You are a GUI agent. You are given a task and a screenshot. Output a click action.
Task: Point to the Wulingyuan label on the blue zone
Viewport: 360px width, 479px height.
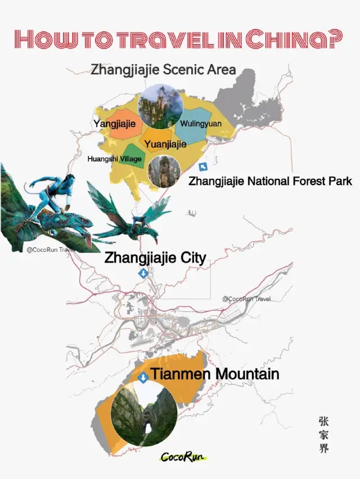200,123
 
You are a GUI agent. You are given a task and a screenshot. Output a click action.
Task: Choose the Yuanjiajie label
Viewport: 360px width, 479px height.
165,144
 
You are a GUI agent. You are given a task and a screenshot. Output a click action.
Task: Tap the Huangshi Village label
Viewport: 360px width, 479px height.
114,159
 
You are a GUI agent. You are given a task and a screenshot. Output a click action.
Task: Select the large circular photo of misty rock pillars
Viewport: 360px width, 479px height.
160,106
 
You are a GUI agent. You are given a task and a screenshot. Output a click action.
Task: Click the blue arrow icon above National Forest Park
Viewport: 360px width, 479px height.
203,167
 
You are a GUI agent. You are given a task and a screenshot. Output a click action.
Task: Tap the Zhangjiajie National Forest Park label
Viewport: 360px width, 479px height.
270,181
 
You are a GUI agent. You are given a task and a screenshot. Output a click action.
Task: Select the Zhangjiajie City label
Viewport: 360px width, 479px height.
155,258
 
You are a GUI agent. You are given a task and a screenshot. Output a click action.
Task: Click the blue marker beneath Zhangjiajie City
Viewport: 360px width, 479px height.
143,274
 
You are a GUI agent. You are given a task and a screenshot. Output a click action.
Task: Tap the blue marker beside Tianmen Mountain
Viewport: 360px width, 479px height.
143,377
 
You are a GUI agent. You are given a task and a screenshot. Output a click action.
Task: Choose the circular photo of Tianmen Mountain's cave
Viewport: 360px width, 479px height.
145,414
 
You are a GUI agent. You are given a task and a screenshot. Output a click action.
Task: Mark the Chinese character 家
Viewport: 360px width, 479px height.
323,435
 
